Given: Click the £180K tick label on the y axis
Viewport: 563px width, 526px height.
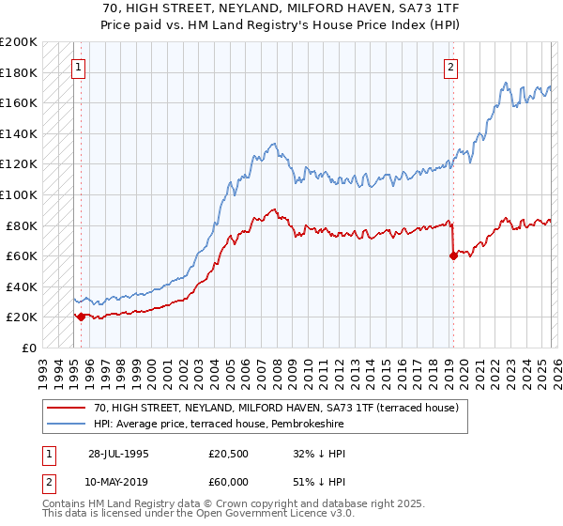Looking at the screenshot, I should point(19,72).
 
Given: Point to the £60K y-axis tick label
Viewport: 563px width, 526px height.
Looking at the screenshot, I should point(22,255).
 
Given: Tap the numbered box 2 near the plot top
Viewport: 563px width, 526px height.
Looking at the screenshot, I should point(451,67).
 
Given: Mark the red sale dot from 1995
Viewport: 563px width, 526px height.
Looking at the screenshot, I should point(81,317).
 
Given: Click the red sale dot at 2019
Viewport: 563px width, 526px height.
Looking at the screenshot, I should point(453,255).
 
